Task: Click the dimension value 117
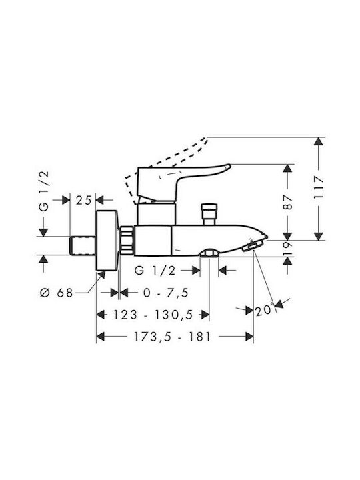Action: click(x=319, y=188)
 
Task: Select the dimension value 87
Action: click(x=288, y=202)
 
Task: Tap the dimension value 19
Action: click(x=288, y=248)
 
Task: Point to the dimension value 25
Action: click(x=83, y=201)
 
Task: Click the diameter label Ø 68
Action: click(x=57, y=293)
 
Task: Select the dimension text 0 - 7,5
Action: click(x=165, y=293)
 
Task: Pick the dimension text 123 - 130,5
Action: click(x=153, y=315)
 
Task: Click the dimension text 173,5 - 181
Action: click(x=172, y=337)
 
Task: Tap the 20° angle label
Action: click(x=264, y=310)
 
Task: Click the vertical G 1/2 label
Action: click(x=44, y=191)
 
